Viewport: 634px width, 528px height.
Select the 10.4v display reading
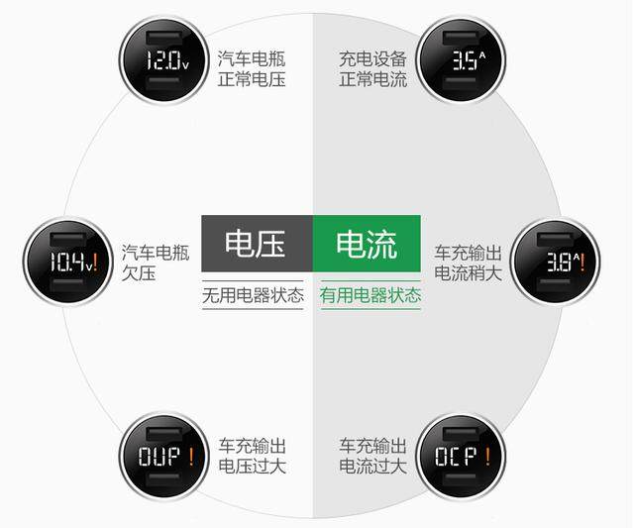pyautogui.click(x=68, y=262)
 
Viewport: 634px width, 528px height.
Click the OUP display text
pyautogui.click(x=159, y=457)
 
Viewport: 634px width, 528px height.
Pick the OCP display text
pyautogui.click(x=456, y=457)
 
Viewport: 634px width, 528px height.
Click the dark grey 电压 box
pyautogui.click(x=257, y=244)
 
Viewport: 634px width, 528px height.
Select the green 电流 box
pyautogui.click(x=367, y=244)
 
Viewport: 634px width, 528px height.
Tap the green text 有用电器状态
pyautogui.click(x=370, y=295)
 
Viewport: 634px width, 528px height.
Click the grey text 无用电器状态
pyautogui.click(x=253, y=295)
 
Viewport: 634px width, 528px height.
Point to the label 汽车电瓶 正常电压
pyautogui.click(x=252, y=68)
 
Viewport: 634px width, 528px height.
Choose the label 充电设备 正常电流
pyautogui.click(x=372, y=68)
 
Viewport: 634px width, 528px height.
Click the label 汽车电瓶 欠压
pyautogui.click(x=156, y=263)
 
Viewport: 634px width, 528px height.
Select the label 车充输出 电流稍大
pyautogui.click(x=468, y=263)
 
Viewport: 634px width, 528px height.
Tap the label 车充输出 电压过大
pyautogui.click(x=253, y=456)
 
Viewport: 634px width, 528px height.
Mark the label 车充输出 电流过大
pyautogui.click(x=372, y=456)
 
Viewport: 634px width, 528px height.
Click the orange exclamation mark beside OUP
pyautogui.click(x=191, y=457)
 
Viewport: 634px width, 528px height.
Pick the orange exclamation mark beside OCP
pyautogui.click(x=488, y=457)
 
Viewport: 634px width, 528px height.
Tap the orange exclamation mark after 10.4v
pyautogui.click(x=95, y=262)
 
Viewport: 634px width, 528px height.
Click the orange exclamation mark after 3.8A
pyautogui.click(x=582, y=262)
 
